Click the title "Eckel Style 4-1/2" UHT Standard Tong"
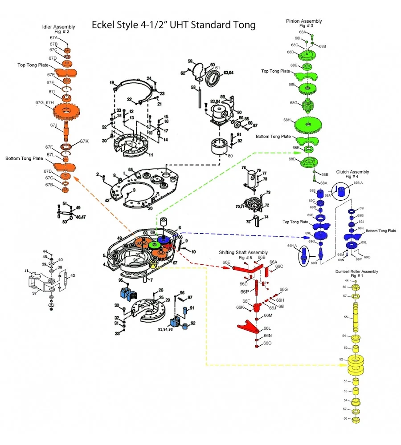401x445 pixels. pos(173,24)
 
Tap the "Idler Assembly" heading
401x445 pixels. pos(58,27)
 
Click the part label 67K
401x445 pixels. pos(84,142)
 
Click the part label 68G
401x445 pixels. pos(293,103)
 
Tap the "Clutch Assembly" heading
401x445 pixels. pos(353,172)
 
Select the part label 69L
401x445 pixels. pos(364,242)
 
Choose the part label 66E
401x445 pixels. pos(226,262)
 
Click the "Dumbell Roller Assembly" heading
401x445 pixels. pos(356,271)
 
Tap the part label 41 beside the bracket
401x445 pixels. pos(26,271)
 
